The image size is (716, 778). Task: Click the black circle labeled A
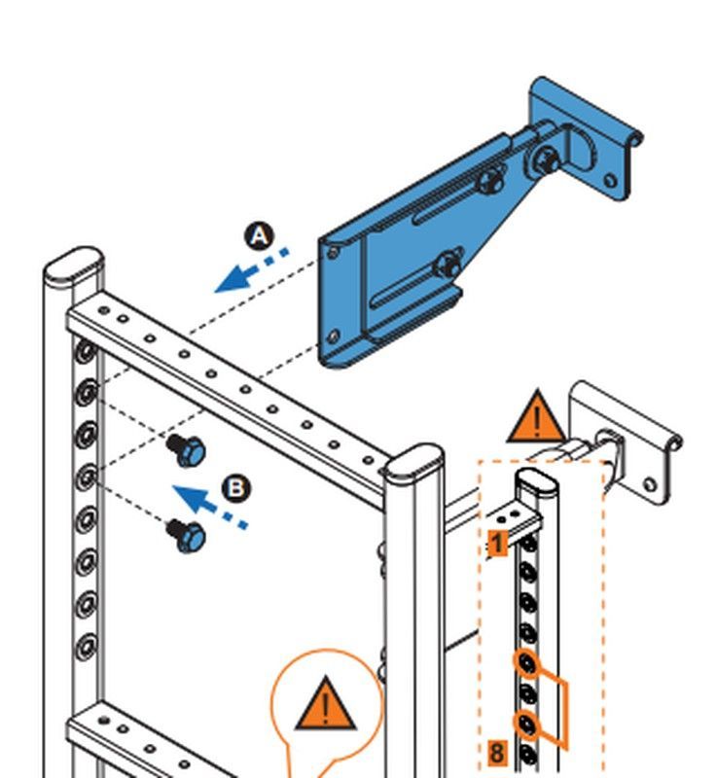[259, 236]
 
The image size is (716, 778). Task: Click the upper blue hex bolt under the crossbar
[186, 450]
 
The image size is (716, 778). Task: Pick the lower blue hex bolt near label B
[187, 535]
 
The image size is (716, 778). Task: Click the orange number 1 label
[497, 543]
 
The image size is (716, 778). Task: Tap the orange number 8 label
[496, 751]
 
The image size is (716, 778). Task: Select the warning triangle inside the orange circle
[325, 705]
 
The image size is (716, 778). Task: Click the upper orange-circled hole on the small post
[527, 663]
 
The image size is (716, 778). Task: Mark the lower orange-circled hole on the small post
[527, 723]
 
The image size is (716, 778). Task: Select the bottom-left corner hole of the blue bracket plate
[335, 337]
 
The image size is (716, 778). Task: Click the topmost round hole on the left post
[86, 348]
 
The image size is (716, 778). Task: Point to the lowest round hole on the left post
[87, 644]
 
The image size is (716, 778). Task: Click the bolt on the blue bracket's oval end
[546, 159]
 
